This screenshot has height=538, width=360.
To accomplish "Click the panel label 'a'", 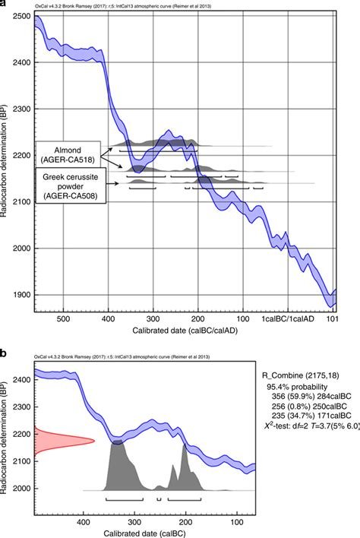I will pos(5,5).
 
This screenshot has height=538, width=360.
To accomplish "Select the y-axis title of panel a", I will pos(7,160).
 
